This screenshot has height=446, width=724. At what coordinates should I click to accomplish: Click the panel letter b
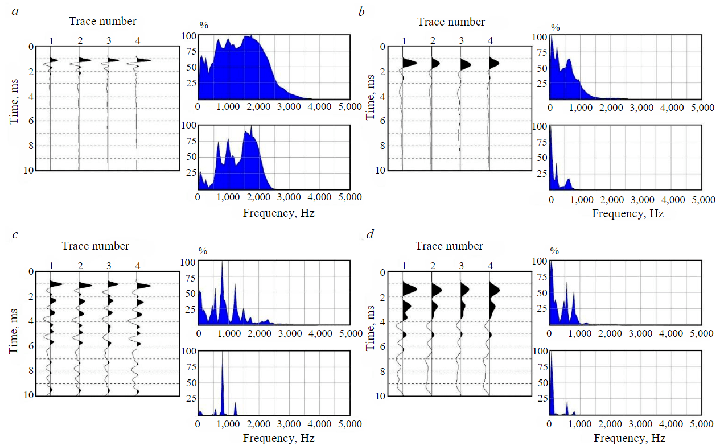(361, 10)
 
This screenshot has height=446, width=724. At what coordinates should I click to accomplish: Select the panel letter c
(17, 234)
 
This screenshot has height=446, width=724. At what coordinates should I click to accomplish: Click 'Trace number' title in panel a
(102, 22)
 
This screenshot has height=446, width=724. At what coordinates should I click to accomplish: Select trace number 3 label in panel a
(108, 40)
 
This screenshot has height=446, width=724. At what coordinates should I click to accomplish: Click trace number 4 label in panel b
(490, 40)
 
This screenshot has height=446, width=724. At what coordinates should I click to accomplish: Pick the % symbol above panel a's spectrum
(203, 25)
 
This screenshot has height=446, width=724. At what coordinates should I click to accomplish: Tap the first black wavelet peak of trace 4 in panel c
(143, 286)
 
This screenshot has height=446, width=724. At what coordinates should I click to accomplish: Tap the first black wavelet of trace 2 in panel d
(437, 289)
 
